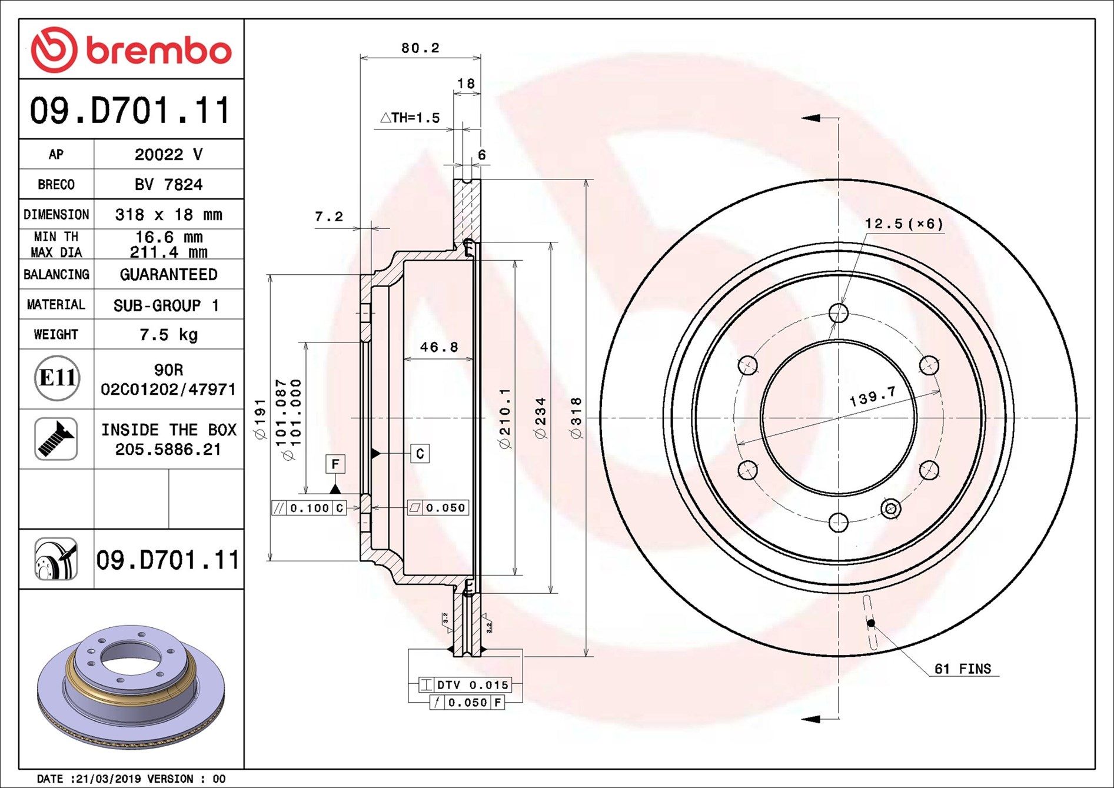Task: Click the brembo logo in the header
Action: coord(131,49)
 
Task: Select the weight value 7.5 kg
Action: coord(169,335)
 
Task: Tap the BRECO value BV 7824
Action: coord(169,185)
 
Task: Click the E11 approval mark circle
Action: coord(56,378)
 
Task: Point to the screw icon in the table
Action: coord(56,439)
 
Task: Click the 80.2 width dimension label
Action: coord(420,48)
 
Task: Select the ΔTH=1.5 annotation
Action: coord(410,118)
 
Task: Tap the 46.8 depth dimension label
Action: coord(438,347)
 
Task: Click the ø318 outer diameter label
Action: coord(576,418)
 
